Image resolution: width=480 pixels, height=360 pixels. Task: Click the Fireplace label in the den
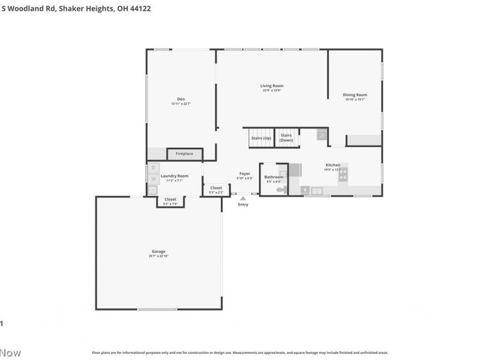[185, 154]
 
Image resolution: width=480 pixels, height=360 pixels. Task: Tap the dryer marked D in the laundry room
[153, 167]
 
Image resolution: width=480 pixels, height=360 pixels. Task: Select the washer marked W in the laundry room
[153, 179]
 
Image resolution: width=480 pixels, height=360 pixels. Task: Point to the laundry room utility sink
[153, 189]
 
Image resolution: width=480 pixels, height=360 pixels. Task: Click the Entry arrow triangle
[243, 198]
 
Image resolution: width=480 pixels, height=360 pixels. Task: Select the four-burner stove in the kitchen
[343, 174]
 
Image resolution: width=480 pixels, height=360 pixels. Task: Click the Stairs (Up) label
[261, 138]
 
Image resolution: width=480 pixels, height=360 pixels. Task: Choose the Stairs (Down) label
[286, 138]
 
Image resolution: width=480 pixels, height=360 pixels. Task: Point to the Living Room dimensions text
[271, 91]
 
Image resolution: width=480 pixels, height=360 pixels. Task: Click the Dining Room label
[355, 95]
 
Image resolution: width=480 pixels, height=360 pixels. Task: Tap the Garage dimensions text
[158, 256]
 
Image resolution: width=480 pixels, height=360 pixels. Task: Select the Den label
[181, 99]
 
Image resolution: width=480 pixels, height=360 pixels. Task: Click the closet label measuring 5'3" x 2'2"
[216, 192]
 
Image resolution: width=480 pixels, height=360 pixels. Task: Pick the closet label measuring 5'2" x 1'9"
[170, 204]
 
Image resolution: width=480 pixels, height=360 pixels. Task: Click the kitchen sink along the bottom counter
[316, 190]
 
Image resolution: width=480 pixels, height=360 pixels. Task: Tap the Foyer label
[245, 173]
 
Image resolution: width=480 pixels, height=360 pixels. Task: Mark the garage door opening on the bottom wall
[157, 309]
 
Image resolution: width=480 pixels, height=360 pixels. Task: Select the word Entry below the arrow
[243, 205]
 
